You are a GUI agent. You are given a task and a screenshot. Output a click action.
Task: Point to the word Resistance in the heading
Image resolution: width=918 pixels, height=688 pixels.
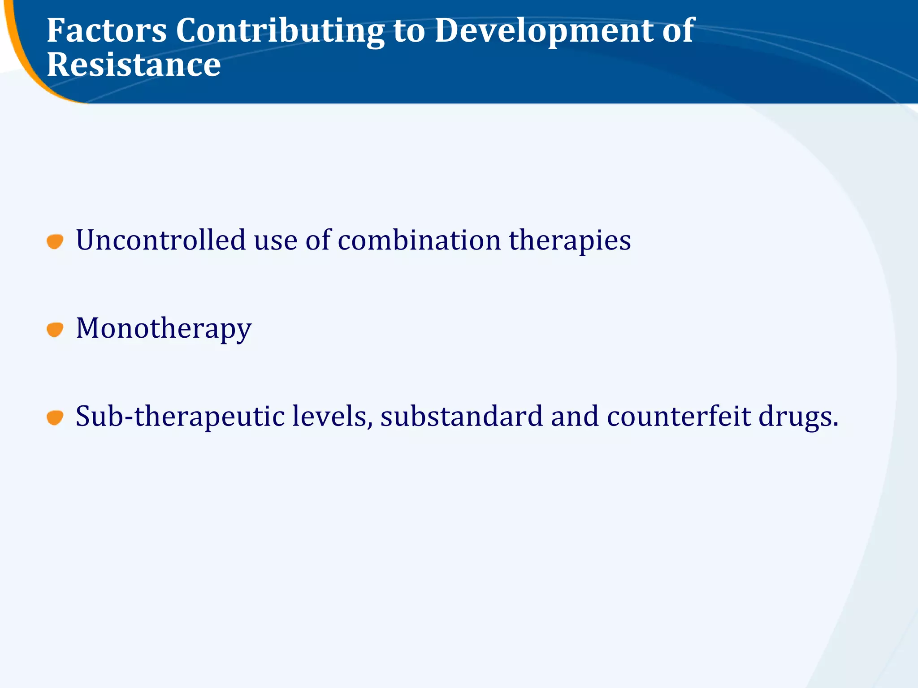coord(134,65)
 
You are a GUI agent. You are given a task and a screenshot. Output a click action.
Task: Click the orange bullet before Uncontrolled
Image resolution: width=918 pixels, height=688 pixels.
coord(55,241)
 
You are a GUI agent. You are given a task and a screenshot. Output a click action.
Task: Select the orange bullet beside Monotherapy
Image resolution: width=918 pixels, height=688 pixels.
coord(55,330)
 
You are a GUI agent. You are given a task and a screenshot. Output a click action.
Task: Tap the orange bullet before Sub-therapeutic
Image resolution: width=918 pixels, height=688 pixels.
coord(55,417)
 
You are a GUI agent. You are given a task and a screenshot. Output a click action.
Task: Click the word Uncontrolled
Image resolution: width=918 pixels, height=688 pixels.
coord(160,240)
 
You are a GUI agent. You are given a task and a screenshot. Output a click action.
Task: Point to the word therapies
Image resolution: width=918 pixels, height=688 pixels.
coord(570,241)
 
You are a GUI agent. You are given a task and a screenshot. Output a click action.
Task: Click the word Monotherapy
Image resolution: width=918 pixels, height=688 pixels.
coord(164,329)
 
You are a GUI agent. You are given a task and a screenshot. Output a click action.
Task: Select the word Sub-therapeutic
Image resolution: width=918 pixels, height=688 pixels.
coord(180,417)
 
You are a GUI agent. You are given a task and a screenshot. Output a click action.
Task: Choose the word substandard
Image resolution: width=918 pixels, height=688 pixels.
coord(461,417)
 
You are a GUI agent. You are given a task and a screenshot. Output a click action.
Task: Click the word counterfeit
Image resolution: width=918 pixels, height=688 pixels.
coord(679,417)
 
